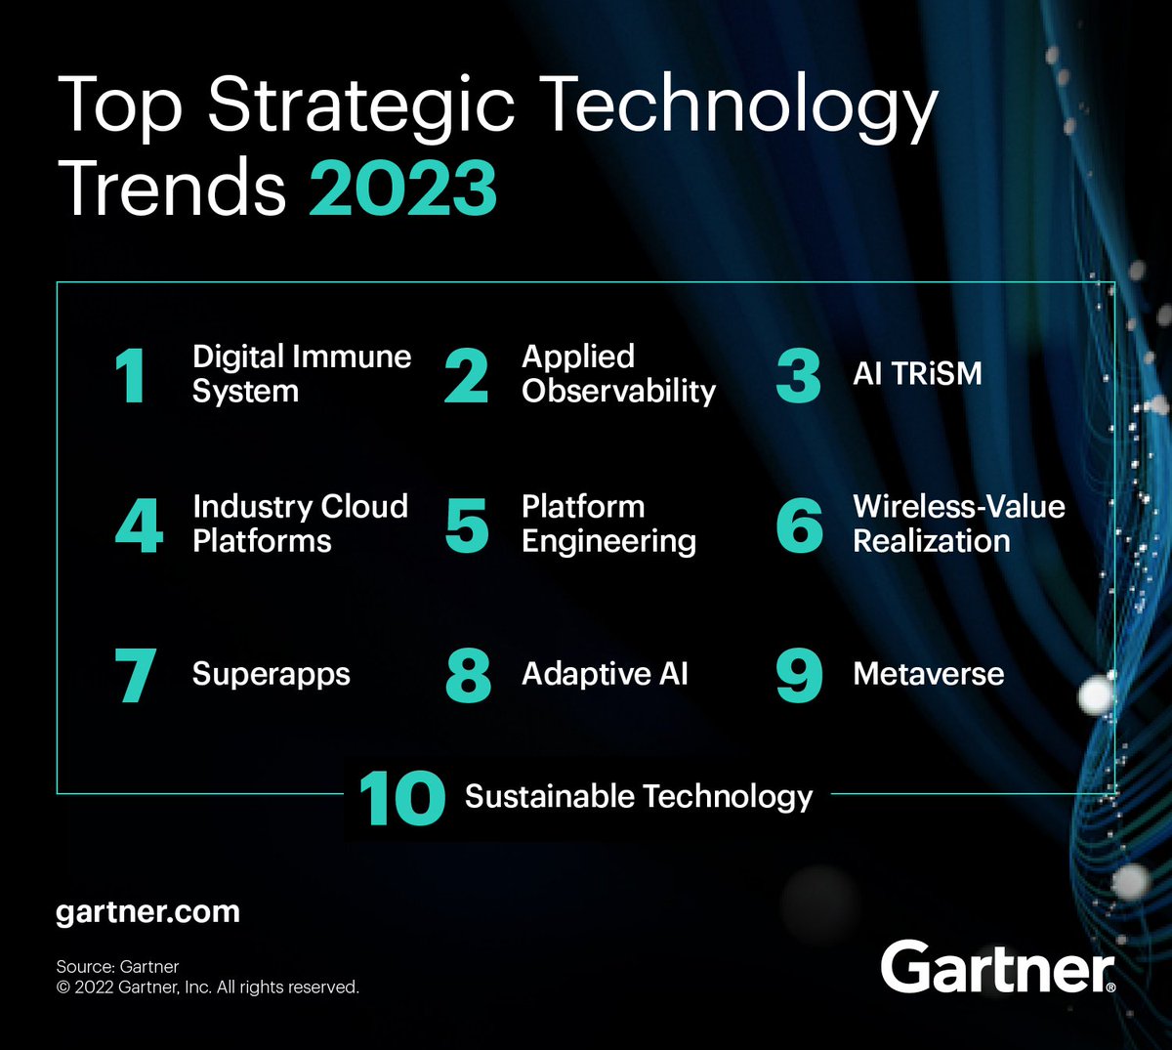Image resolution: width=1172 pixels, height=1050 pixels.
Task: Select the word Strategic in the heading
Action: coord(360,105)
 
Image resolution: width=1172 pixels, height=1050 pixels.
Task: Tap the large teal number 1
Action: coord(130,376)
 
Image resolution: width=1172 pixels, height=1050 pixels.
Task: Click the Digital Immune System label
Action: coord(301,374)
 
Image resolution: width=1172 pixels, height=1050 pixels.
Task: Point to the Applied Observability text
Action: coord(618,374)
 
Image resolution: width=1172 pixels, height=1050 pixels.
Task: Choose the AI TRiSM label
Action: coord(917,374)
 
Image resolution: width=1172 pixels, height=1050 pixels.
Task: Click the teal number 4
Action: coord(139,525)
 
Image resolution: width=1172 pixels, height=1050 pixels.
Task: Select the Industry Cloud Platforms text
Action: coord(300,524)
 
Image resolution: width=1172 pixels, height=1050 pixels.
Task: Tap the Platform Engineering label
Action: coord(608,524)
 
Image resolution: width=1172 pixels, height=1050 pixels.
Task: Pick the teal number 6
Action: coord(799,525)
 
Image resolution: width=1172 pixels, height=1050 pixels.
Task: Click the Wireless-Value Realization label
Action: coord(958,524)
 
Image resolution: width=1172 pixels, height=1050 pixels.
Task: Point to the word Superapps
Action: coord(271,674)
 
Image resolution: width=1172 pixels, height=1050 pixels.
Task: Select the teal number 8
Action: coord(468,676)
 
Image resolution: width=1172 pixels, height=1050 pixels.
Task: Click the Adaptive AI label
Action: coord(605,674)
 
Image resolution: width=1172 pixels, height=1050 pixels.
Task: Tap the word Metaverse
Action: coord(928,674)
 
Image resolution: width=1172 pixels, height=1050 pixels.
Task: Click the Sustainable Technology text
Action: coord(638,797)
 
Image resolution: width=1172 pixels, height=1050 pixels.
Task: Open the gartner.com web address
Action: coord(147,912)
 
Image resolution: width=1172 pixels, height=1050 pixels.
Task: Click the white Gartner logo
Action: coord(996,967)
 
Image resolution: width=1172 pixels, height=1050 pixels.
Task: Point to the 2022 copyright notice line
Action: coord(207,987)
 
